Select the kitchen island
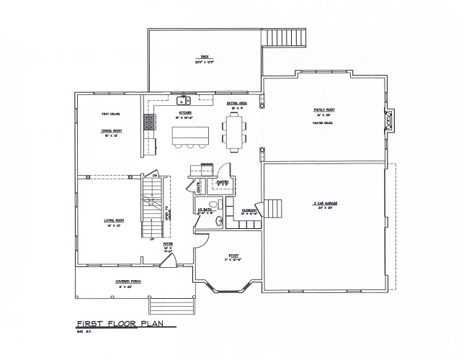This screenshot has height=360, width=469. coord(189,134)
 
